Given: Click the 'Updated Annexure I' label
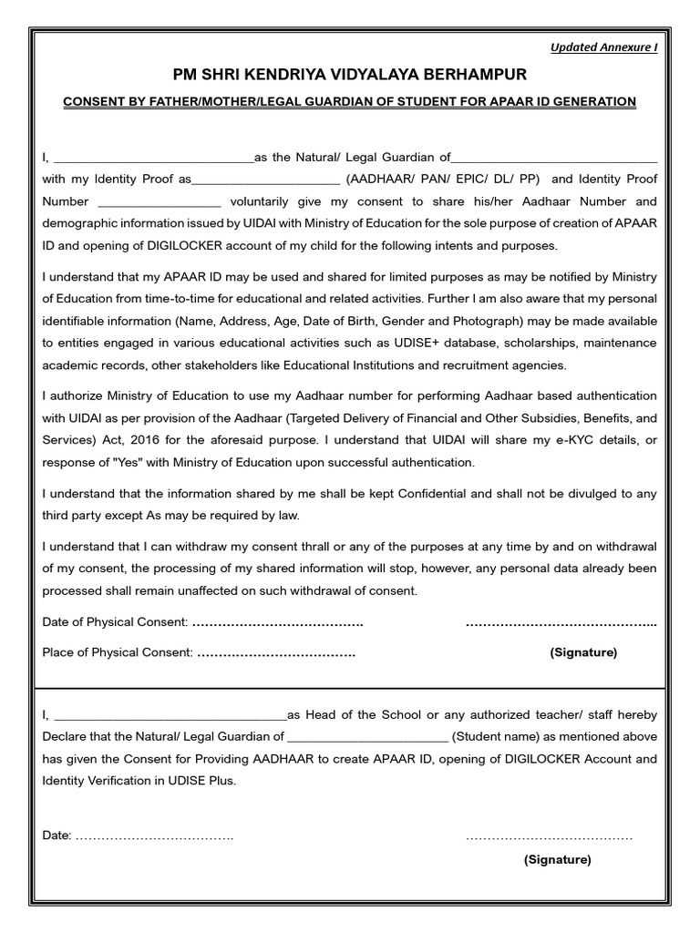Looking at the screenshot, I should coord(603,48).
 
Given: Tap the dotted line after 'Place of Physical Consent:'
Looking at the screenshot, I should coord(276,653).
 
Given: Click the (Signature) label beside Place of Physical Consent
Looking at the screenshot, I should coord(582,652).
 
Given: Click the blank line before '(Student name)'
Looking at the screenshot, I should coord(367,737).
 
